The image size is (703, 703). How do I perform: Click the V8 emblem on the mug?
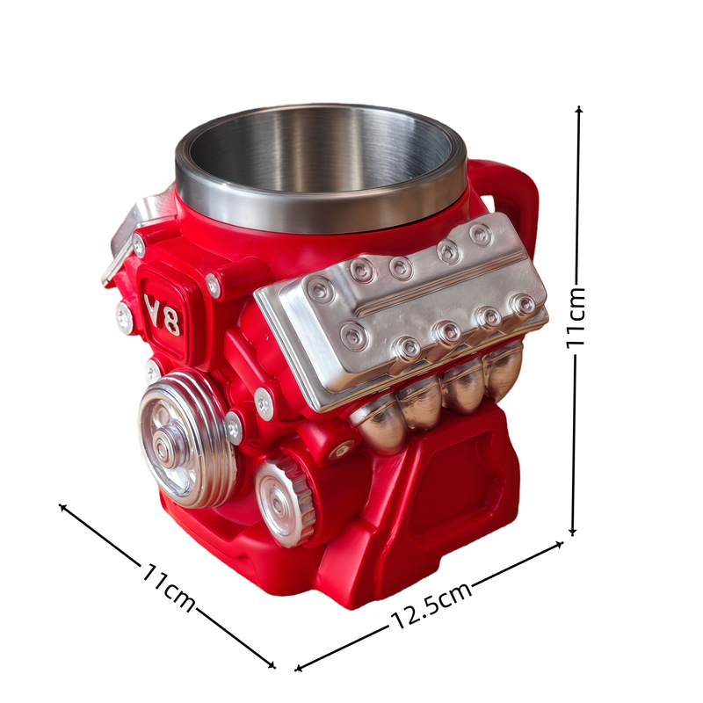tap(163, 315)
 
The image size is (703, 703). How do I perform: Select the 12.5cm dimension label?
tap(431, 605)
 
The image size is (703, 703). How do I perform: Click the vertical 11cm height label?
tap(576, 317)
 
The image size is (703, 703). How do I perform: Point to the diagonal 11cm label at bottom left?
tap(169, 586)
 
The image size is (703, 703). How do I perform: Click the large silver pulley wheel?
tap(187, 439)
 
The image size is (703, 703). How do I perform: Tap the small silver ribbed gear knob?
tap(286, 502)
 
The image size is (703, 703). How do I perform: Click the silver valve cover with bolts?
tap(402, 309)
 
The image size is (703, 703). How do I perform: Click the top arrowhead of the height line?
tap(579, 109)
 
